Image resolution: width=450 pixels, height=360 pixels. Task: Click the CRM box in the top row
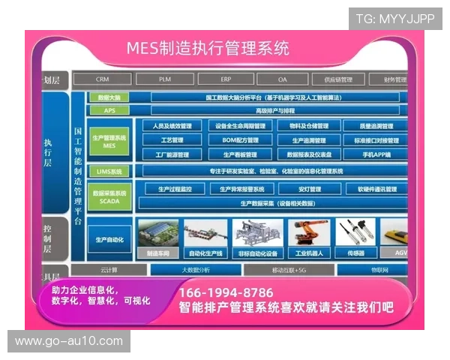coord(103,79)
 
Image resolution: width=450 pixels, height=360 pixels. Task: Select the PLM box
coord(165,79)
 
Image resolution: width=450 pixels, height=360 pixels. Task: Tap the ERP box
coord(226,79)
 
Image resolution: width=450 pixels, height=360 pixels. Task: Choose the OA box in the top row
coord(282,79)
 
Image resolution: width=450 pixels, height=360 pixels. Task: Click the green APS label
coord(109,110)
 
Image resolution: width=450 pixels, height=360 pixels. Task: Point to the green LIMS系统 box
coord(109,171)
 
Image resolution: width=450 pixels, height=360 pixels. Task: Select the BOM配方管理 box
coord(238,140)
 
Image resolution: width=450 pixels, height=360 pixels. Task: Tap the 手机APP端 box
coord(376,154)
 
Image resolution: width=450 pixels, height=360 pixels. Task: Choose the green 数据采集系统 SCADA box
coord(109,196)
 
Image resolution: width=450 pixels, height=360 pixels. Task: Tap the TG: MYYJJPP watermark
coord(394,18)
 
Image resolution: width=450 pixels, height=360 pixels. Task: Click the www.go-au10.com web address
coord(69,342)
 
